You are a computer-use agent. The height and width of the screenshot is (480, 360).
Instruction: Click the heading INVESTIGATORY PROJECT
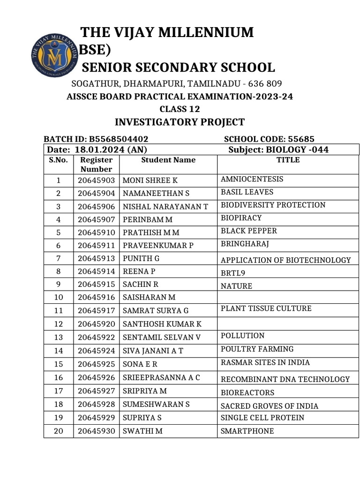tap(180, 122)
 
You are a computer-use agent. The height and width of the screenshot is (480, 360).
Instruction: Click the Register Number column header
tap(96, 165)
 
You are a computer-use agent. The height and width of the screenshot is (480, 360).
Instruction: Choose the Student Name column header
tap(168, 160)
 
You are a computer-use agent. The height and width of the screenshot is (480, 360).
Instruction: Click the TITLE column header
tap(288, 160)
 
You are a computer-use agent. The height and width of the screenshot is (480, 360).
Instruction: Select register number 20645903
tap(96, 180)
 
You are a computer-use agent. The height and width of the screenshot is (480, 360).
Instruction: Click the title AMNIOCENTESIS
tap(252, 179)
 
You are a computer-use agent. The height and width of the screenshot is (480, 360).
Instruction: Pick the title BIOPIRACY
tap(241, 218)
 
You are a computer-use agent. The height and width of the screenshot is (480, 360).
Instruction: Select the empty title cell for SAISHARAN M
tap(288, 297)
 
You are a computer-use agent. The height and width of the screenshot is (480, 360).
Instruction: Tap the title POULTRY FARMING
tap(257, 349)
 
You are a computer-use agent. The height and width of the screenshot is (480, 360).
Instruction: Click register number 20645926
tap(96, 377)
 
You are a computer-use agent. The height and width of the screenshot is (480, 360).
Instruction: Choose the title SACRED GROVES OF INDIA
tap(269, 406)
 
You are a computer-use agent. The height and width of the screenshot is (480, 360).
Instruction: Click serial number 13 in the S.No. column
tap(59, 337)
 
